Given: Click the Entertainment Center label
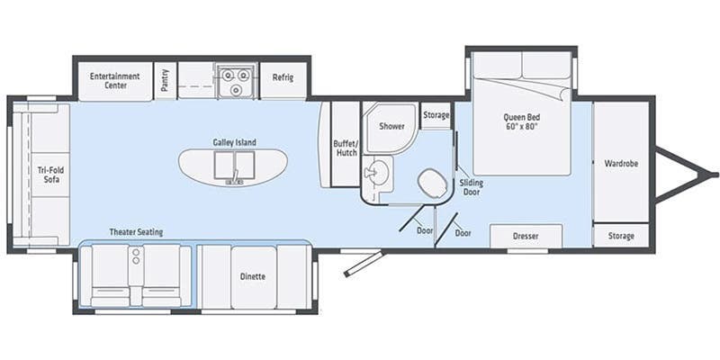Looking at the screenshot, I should pyautogui.click(x=114, y=80).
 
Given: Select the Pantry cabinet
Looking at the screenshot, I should pyautogui.click(x=165, y=80).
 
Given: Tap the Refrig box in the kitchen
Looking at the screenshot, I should pyautogui.click(x=283, y=78).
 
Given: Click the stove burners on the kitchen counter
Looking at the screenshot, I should pyautogui.click(x=234, y=80).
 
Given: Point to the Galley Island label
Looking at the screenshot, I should pyautogui.click(x=235, y=142).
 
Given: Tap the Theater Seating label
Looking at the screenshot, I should pyautogui.click(x=137, y=232).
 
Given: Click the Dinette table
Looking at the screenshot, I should pyautogui.click(x=253, y=276).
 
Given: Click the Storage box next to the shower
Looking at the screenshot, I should pyautogui.click(x=436, y=115).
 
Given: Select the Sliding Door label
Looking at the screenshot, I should pyautogui.click(x=472, y=186).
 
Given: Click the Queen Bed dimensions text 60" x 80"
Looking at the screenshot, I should pyautogui.click(x=520, y=127).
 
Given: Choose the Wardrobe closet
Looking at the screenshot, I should pyautogui.click(x=620, y=164).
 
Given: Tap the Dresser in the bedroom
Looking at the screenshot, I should pyautogui.click(x=526, y=236).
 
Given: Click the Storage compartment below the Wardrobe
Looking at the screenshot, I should pyautogui.click(x=620, y=236).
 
